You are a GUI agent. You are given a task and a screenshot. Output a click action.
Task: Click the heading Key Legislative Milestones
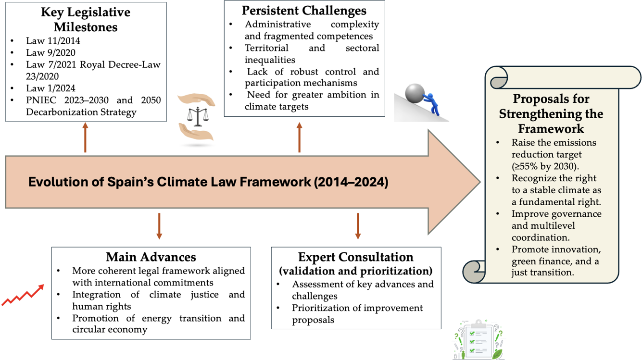(x=85, y=19)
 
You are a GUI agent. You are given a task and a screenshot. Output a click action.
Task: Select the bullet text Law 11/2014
(x=53, y=41)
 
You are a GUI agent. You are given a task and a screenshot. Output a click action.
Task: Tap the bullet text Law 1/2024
(x=50, y=88)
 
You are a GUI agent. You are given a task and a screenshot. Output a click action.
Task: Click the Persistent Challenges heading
(x=304, y=11)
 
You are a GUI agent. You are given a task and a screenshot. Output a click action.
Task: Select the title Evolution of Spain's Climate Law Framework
(x=208, y=183)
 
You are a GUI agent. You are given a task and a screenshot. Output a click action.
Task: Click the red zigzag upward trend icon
(x=23, y=295)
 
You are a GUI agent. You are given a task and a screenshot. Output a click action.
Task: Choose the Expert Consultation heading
(x=356, y=257)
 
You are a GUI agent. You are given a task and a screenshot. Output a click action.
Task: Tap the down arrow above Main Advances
(x=159, y=226)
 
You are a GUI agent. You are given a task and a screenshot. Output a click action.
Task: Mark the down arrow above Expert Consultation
(x=358, y=226)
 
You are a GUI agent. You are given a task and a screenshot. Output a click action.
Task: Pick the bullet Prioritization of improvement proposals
(x=357, y=313)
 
